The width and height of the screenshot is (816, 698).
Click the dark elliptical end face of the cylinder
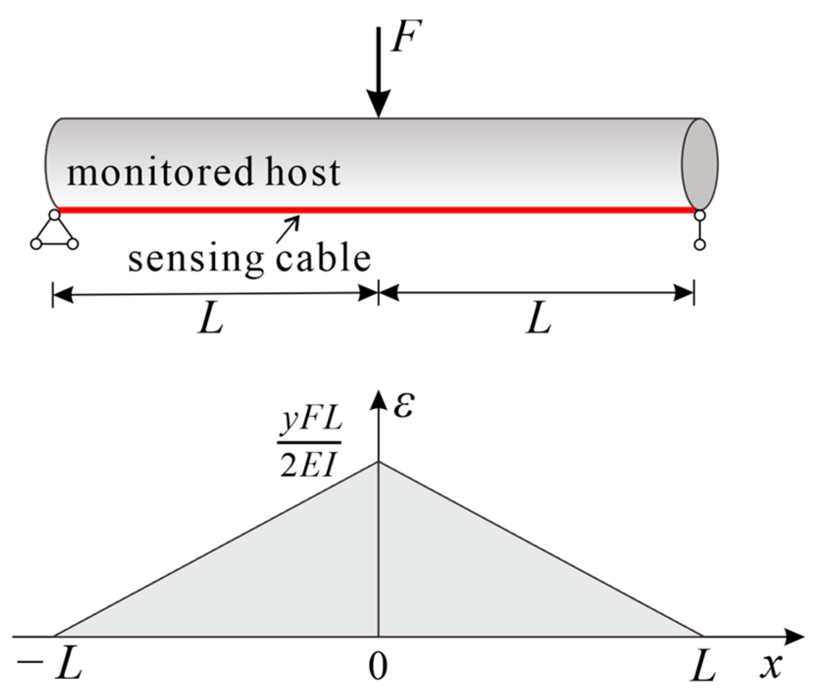(700, 164)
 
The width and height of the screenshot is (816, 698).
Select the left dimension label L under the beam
(211, 321)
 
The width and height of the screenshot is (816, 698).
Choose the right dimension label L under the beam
(538, 321)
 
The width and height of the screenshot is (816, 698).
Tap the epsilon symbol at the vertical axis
(403, 406)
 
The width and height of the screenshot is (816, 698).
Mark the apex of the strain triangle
(378, 462)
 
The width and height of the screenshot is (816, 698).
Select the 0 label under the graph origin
(377, 667)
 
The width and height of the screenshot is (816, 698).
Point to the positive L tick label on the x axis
(702, 667)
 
